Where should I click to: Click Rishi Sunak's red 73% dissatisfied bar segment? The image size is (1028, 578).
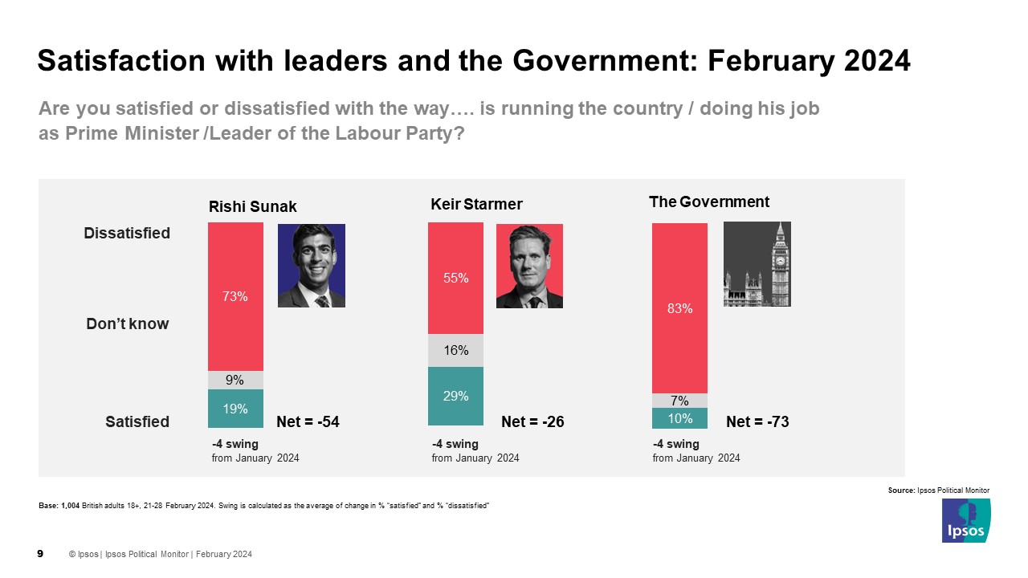pyautogui.click(x=235, y=296)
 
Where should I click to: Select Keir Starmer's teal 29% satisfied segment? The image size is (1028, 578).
pyautogui.click(x=455, y=396)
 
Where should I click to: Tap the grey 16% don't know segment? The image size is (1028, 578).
pyautogui.click(x=455, y=350)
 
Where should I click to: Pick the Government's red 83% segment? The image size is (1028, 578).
pyautogui.click(x=679, y=307)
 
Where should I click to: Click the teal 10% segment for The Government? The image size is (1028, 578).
pyautogui.click(x=679, y=418)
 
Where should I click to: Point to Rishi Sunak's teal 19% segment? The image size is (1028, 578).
pyautogui.click(x=235, y=409)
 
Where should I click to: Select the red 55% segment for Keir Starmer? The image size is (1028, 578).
pyautogui.click(x=455, y=278)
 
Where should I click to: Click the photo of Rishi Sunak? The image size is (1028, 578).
pyautogui.click(x=311, y=265)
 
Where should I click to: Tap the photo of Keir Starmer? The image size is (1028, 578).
pyautogui.click(x=529, y=266)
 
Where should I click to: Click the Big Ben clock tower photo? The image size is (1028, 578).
pyautogui.click(x=757, y=263)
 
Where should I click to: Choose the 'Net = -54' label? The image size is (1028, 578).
pyautogui.click(x=308, y=421)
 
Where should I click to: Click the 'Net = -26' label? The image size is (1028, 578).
pyautogui.click(x=532, y=421)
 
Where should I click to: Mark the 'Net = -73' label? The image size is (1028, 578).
pyautogui.click(x=757, y=421)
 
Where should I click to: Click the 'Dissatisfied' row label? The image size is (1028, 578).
pyautogui.click(x=127, y=233)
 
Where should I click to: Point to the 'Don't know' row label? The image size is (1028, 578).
pyautogui.click(x=128, y=324)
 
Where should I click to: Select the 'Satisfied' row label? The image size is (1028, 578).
pyautogui.click(x=137, y=421)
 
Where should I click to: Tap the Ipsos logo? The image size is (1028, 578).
pyautogui.click(x=966, y=520)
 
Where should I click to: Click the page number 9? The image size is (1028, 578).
pyautogui.click(x=41, y=553)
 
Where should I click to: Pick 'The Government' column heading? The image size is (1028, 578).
pyautogui.click(x=708, y=201)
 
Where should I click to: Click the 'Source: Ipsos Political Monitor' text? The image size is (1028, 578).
pyautogui.click(x=938, y=490)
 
